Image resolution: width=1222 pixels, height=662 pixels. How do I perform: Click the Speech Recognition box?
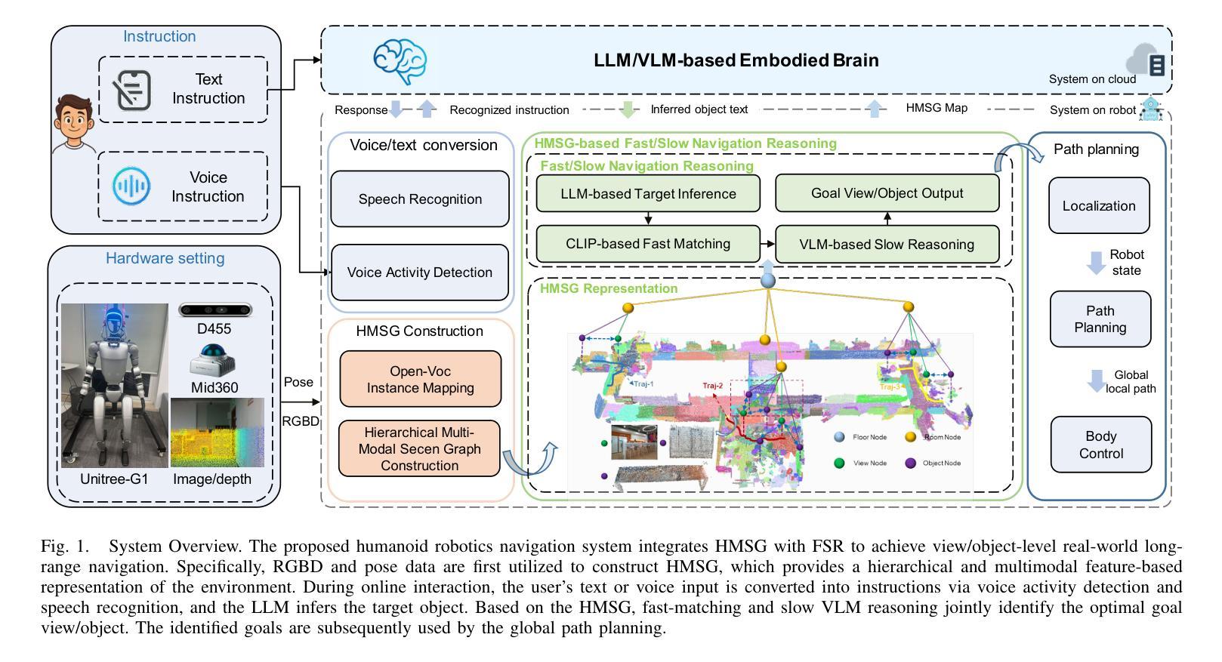tap(420, 199)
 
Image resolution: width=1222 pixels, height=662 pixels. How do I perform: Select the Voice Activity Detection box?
tap(420, 272)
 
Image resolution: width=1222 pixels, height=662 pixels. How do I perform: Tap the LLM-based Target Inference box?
tap(648, 194)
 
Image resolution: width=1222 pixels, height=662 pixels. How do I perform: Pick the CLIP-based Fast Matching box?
tap(648, 244)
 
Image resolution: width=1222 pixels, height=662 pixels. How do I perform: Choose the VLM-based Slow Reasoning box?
tap(887, 245)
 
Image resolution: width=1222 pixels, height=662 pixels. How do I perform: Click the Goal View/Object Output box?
tap(887, 193)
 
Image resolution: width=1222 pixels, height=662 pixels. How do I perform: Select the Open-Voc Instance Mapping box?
tap(420, 379)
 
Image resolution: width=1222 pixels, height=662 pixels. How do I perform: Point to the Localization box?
tap(1099, 206)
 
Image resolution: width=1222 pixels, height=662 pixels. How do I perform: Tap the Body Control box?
tap(1100, 445)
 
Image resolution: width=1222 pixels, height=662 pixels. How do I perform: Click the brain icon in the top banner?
tap(400, 61)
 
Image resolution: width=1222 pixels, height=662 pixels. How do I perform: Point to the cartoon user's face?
tap(73, 121)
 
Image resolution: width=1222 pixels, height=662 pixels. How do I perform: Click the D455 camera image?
tap(215, 310)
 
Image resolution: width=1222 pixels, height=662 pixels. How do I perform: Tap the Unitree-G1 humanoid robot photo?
tap(114, 385)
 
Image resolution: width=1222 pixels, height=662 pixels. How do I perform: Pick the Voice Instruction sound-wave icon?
tap(131, 186)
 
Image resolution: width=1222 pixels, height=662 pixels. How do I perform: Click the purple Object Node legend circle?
tap(910, 463)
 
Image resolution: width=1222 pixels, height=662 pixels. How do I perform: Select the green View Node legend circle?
tap(839, 463)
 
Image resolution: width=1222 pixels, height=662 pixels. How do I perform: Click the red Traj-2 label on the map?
tap(712, 386)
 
